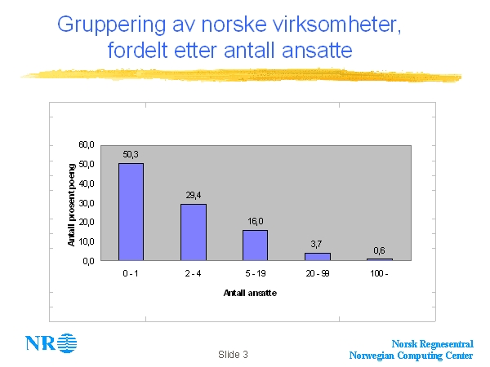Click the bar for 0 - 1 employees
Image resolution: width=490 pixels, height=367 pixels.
131,211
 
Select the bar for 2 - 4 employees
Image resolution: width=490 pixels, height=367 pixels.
193,232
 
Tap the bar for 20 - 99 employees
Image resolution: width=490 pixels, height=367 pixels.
317,256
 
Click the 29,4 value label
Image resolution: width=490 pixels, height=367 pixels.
193,194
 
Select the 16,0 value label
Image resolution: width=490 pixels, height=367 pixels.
255,220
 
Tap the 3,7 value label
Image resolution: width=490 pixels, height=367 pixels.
317,244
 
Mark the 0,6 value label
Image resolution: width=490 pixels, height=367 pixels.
379,250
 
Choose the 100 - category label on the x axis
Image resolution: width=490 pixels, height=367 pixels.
379,273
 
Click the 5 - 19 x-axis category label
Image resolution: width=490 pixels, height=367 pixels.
255,273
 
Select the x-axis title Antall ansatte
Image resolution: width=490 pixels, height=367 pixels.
254,292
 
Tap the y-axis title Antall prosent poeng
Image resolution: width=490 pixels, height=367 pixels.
71,204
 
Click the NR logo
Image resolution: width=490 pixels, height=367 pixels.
51,343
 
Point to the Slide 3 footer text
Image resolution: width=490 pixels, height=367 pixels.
233,355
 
